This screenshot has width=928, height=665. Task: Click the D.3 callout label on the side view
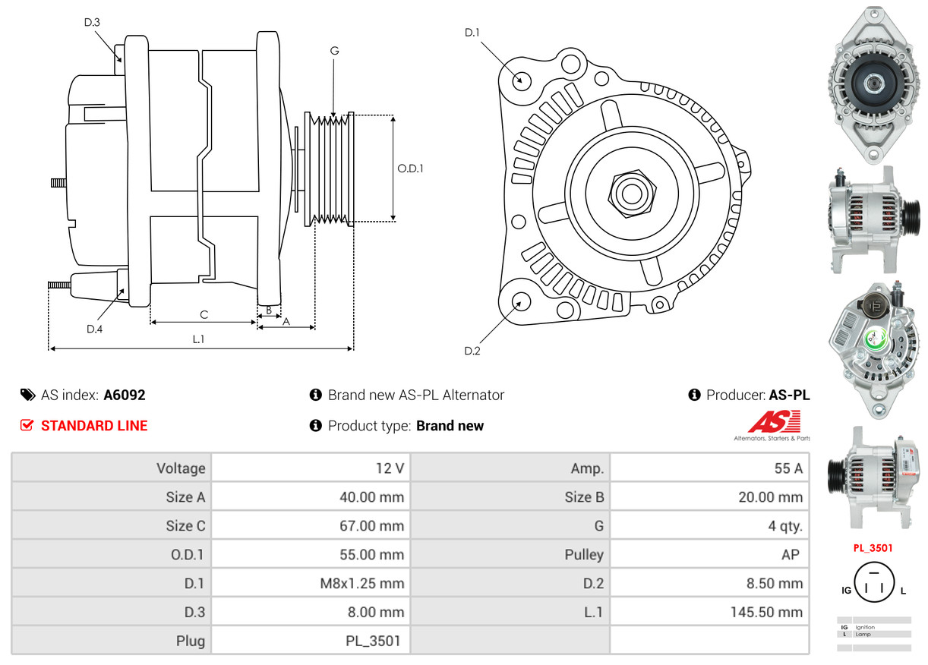tap(92, 23)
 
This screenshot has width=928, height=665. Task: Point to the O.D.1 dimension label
tap(410, 169)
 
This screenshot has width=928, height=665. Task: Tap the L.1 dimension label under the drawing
tap(198, 339)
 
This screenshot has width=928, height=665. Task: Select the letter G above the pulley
tap(334, 51)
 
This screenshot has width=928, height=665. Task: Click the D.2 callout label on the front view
tap(472, 351)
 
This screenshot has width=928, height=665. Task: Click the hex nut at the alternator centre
tap(630, 193)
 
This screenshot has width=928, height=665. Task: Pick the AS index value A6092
tap(125, 395)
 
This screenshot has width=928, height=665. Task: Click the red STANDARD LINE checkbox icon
tap(27, 426)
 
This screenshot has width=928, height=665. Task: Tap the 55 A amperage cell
tap(788, 468)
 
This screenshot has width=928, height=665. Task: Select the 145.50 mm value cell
tap(765, 612)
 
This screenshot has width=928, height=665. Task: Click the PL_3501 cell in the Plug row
tap(374, 641)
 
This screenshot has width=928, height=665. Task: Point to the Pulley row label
tap(584, 555)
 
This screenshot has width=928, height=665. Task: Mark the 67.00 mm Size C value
tap(371, 526)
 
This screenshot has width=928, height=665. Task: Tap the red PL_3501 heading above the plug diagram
tap(873, 548)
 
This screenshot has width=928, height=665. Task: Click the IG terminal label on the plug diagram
tap(845, 590)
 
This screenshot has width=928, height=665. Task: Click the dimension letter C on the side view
tap(204, 314)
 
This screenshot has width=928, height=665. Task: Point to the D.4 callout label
tap(94, 329)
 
